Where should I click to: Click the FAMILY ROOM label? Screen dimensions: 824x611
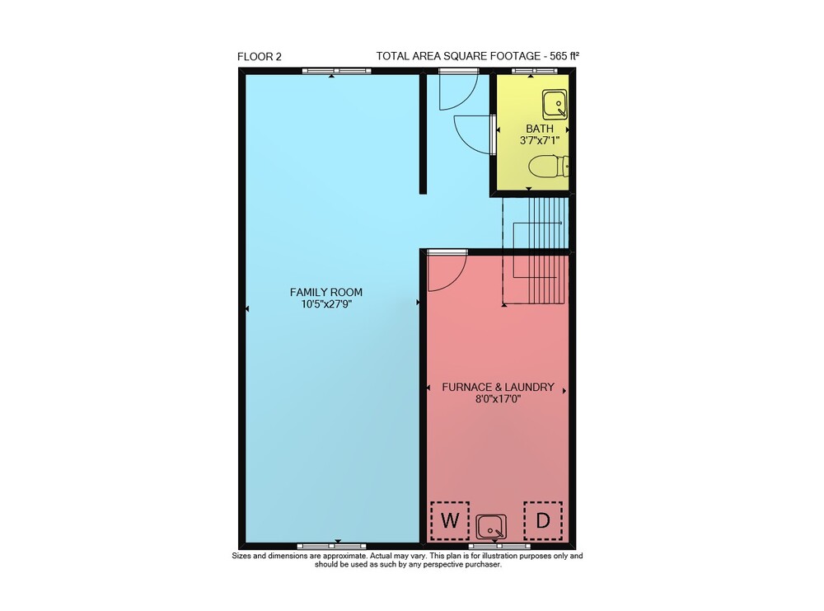[x=325, y=293]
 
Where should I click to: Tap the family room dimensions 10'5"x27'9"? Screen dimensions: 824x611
[x=325, y=304]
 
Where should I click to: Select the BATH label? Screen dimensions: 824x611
[x=540, y=129]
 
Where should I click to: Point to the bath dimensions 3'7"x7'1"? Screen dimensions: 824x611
[x=540, y=140]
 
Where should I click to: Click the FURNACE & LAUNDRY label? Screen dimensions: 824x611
[x=498, y=387]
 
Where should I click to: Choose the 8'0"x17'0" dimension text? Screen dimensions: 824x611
[x=498, y=399]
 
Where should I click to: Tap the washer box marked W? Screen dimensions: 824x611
[x=449, y=520]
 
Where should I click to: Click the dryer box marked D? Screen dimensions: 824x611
[x=543, y=520]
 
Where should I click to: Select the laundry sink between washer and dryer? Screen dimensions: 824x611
[x=491, y=527]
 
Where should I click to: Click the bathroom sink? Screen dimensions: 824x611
[x=555, y=105]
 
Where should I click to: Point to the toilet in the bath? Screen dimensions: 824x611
[x=548, y=167]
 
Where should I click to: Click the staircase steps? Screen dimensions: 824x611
[x=536, y=251]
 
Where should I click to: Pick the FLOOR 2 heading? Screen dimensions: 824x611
[x=259, y=57]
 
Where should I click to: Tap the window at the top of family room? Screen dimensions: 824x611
[x=336, y=71]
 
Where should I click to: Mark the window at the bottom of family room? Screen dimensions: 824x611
[x=331, y=547]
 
